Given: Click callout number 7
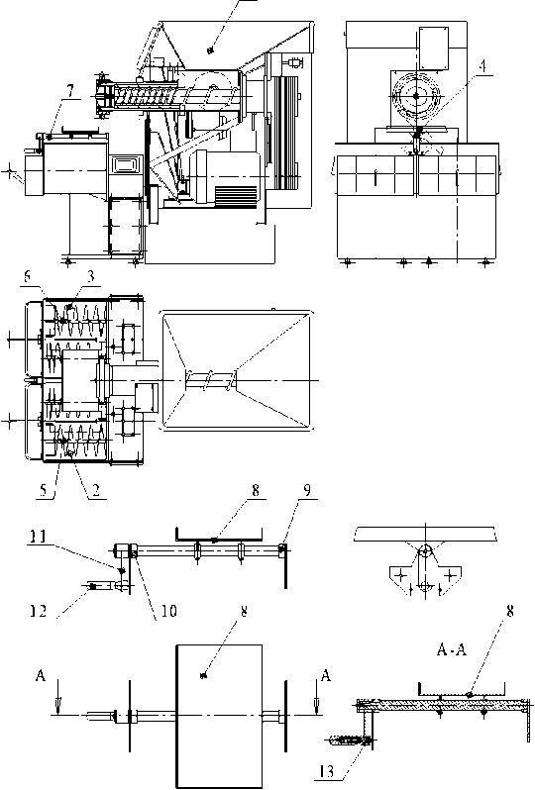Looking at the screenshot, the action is (70, 91).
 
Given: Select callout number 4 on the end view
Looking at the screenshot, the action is (484, 68).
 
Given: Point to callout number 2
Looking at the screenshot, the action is (95, 491).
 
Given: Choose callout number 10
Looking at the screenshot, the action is (169, 611).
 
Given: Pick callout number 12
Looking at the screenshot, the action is (39, 611).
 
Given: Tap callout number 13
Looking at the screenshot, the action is (326, 771).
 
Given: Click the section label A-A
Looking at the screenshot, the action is (452, 651).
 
